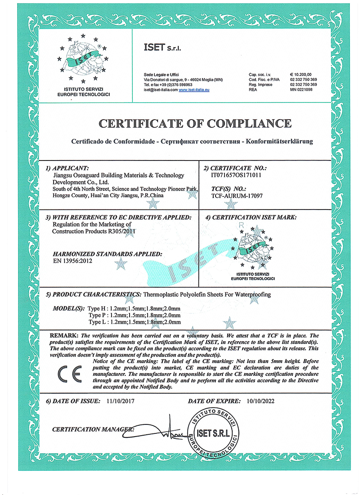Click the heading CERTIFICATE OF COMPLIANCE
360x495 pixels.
[x=195, y=123]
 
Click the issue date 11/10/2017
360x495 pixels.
[x=121, y=400]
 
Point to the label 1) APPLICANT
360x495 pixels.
[x=71, y=168]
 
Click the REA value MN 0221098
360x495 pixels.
[x=301, y=90]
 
